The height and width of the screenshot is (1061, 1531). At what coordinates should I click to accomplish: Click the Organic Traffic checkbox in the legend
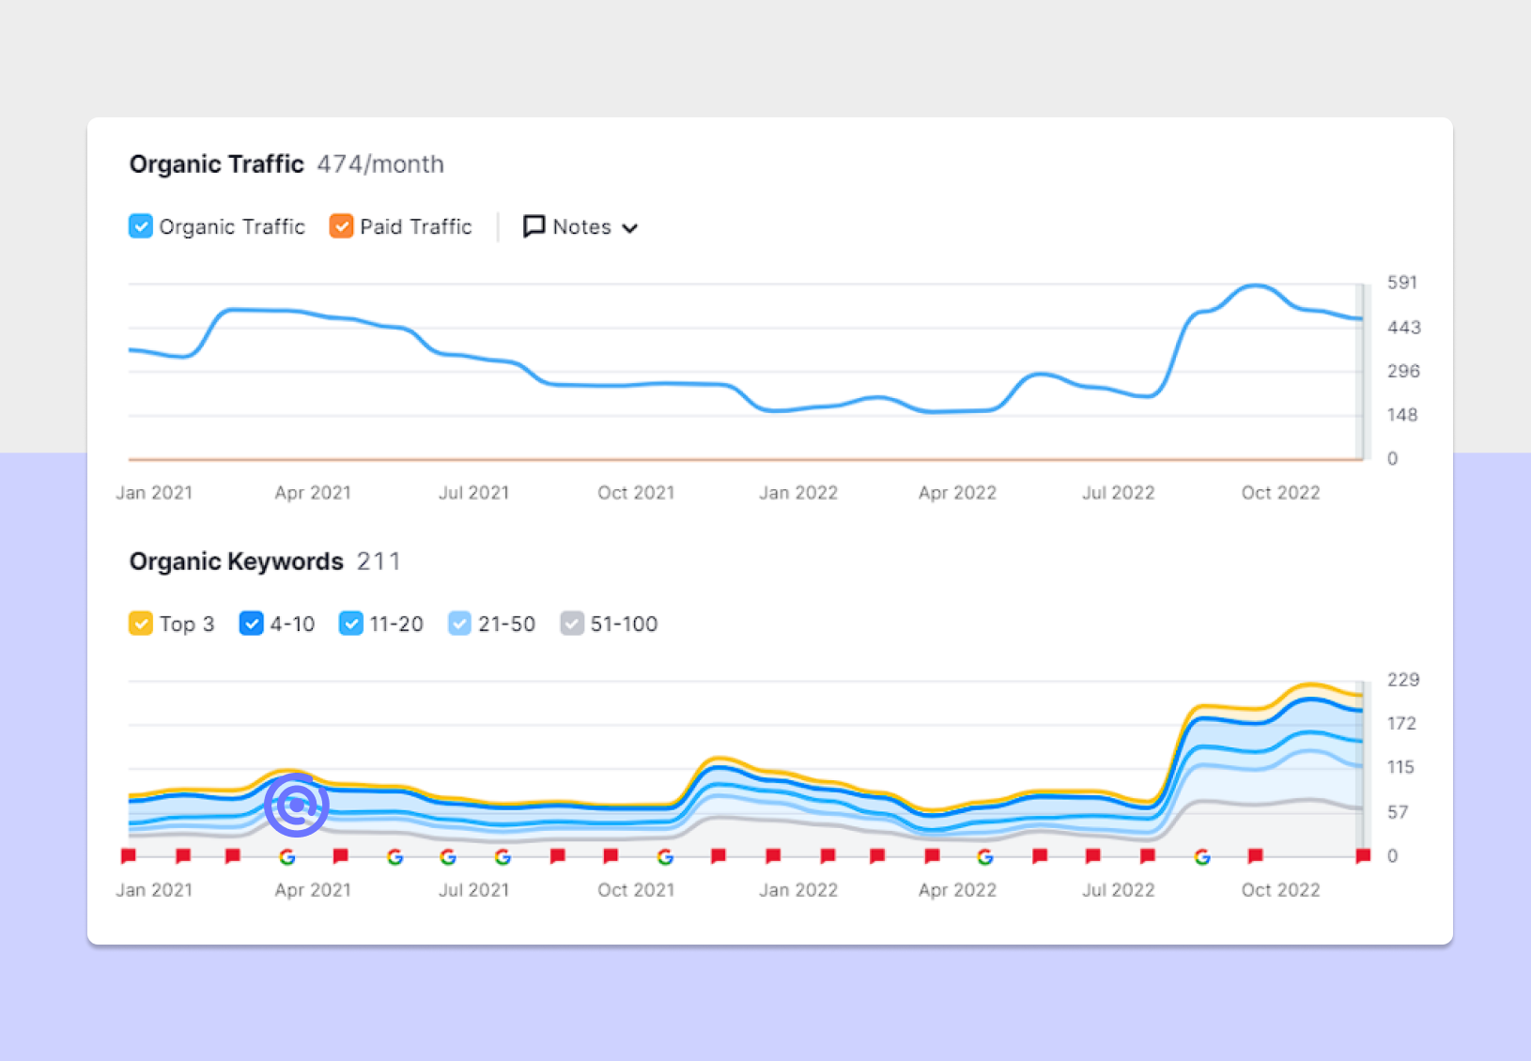pyautogui.click(x=141, y=226)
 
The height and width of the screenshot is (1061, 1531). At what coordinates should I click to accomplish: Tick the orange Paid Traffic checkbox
pyautogui.click(x=341, y=226)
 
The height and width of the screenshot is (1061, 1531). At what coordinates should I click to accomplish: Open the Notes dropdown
pyautogui.click(x=580, y=227)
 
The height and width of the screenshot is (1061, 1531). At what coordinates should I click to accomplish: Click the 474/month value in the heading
pyautogui.click(x=380, y=164)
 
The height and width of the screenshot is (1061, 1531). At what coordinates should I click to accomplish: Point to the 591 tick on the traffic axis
pyautogui.click(x=1402, y=283)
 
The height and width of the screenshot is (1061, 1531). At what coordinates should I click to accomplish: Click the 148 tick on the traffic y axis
pyautogui.click(x=1402, y=415)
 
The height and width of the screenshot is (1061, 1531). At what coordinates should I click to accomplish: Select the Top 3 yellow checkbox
pyautogui.click(x=141, y=623)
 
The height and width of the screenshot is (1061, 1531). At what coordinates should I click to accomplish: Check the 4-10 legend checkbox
pyautogui.click(x=252, y=623)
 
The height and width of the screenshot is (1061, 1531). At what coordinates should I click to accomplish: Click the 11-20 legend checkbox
pyautogui.click(x=351, y=623)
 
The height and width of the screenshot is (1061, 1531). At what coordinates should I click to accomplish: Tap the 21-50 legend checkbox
pyautogui.click(x=459, y=623)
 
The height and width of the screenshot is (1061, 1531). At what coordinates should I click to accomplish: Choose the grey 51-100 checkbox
pyautogui.click(x=572, y=623)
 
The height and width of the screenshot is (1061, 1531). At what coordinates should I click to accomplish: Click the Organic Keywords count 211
pyautogui.click(x=379, y=561)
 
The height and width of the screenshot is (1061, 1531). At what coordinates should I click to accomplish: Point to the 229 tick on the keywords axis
pyautogui.click(x=1403, y=680)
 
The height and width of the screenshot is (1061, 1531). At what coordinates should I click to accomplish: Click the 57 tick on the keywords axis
pyautogui.click(x=1398, y=812)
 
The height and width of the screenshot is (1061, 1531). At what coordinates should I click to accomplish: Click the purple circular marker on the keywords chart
pyautogui.click(x=297, y=805)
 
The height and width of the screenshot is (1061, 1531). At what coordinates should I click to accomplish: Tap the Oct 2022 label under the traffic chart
pyautogui.click(x=1280, y=493)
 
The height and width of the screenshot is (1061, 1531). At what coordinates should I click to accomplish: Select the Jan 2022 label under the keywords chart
pyautogui.click(x=798, y=890)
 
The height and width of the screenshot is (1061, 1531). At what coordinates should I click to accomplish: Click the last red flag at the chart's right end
pyautogui.click(x=1363, y=855)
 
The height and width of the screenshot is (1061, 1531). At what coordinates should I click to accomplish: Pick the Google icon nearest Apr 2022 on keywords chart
pyautogui.click(x=985, y=856)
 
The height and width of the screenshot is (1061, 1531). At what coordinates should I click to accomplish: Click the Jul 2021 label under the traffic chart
pyautogui.click(x=473, y=493)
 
